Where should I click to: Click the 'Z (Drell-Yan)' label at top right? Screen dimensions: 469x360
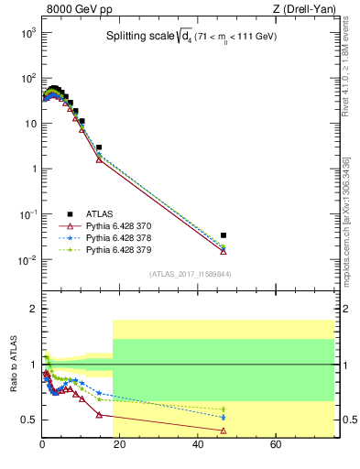click(x=303, y=10)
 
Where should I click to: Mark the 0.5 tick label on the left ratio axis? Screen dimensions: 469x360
click(x=28, y=420)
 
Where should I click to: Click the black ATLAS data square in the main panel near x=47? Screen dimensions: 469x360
click(x=224, y=235)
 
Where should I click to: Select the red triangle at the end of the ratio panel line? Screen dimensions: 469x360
click(x=224, y=431)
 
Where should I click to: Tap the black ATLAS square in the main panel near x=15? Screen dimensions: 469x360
click(x=99, y=147)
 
